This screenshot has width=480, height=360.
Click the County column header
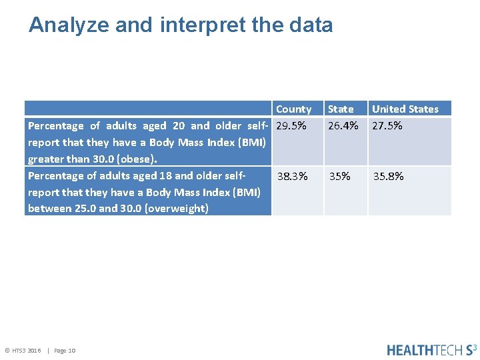click(x=293, y=109)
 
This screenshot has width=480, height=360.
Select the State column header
click(x=341, y=109)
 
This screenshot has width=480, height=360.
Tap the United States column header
click(x=405, y=109)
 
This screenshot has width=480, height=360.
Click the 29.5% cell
click(x=291, y=126)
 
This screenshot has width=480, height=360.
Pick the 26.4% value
click(x=343, y=126)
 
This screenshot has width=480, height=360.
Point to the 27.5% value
click(x=387, y=126)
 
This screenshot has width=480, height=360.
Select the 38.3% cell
click(x=292, y=177)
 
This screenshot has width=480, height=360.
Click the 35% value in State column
click(x=339, y=177)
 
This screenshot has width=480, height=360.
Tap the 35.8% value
click(x=388, y=177)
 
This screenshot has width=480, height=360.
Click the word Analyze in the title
click(x=69, y=25)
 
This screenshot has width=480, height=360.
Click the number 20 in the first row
click(x=179, y=126)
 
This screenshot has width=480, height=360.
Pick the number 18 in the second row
click(x=166, y=176)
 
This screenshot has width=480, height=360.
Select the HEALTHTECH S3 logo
click(x=431, y=349)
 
